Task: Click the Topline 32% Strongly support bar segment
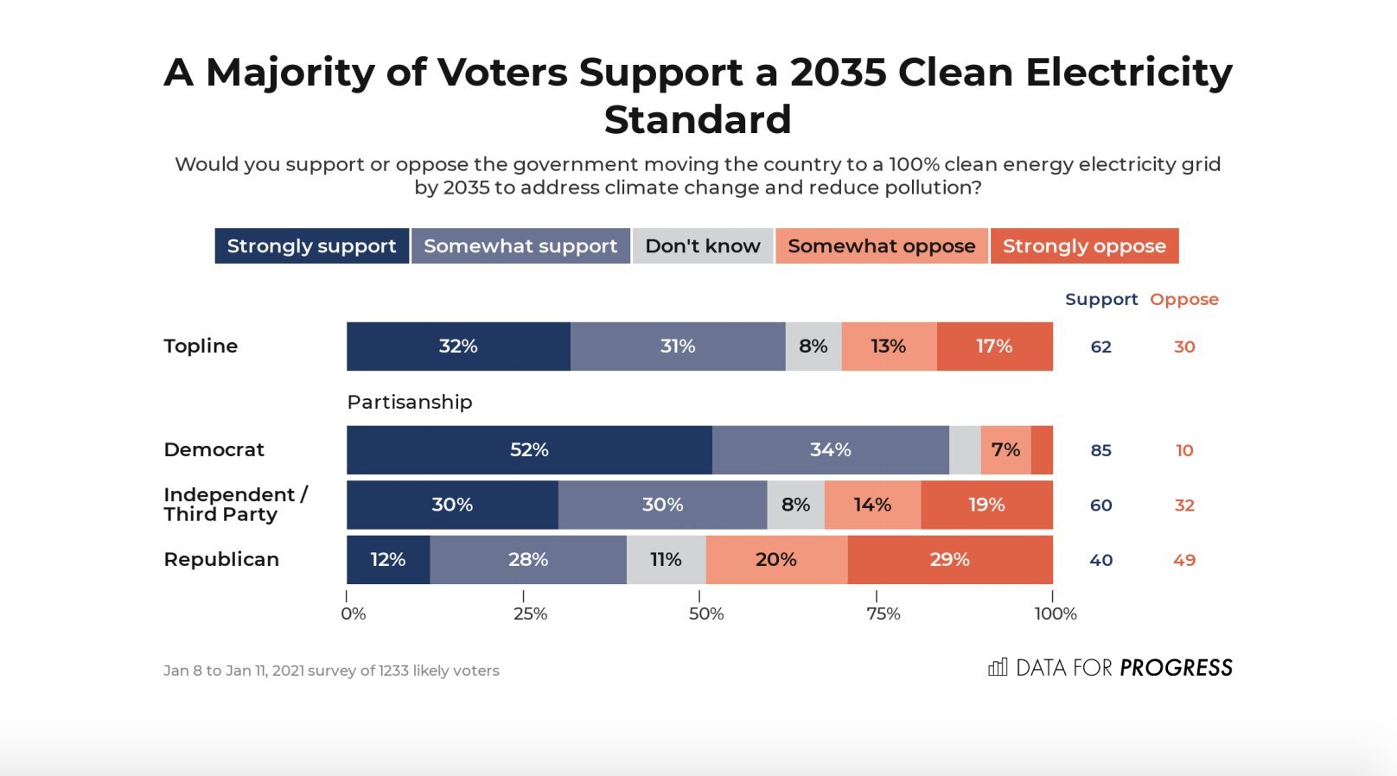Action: point(458,347)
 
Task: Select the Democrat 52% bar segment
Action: point(529,450)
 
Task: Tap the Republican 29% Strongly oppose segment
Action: point(949,560)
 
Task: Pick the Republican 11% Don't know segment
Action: point(666,560)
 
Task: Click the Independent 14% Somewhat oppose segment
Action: point(872,505)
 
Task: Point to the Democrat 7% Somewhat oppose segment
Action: point(1005,450)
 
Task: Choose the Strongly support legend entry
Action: point(311,246)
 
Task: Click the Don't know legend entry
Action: point(703,246)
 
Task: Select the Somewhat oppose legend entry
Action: point(881,246)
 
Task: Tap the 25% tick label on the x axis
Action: point(530,614)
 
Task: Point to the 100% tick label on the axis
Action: point(1056,614)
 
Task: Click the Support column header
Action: point(1101,299)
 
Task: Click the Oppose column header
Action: point(1184,299)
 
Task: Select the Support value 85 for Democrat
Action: point(1100,450)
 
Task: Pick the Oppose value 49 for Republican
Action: point(1184,560)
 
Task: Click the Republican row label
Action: point(221,560)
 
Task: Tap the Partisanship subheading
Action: point(410,402)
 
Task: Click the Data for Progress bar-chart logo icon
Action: point(998,667)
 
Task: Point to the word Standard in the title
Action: point(698,119)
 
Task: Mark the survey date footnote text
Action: point(331,671)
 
